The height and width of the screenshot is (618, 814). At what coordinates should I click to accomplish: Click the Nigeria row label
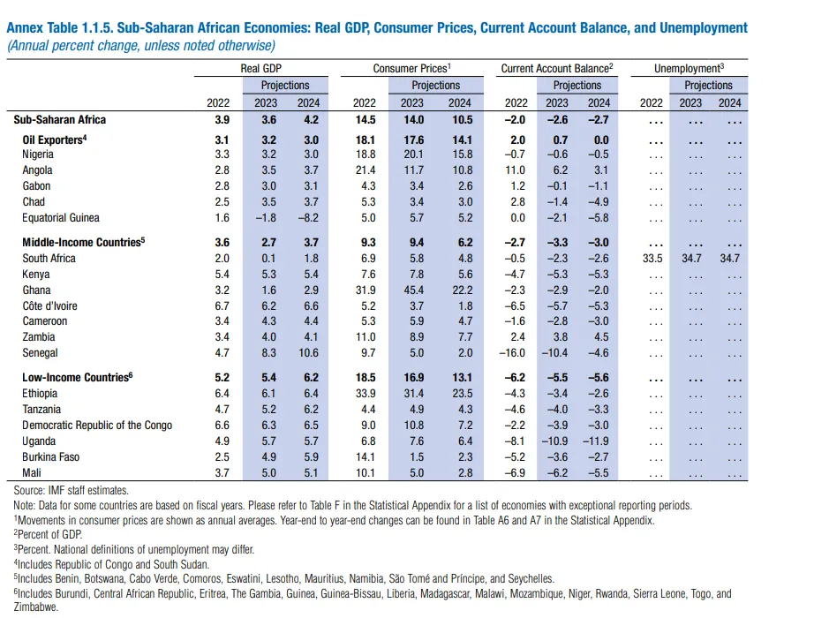click(37, 154)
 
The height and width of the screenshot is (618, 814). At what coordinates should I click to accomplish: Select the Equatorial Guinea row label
click(60, 217)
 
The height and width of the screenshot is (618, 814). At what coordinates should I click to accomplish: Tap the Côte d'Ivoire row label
click(49, 305)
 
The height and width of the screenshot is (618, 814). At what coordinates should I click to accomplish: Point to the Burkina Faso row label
click(50, 457)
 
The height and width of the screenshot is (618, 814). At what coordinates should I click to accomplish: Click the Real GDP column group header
click(261, 69)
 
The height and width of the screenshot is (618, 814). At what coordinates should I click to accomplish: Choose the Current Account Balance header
click(557, 69)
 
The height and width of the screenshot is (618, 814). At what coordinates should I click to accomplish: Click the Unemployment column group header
click(689, 69)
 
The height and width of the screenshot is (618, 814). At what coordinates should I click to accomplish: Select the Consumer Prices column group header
click(411, 69)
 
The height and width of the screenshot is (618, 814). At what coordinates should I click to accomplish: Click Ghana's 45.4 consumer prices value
click(414, 290)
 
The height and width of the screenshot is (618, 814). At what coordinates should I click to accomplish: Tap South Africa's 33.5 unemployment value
click(652, 259)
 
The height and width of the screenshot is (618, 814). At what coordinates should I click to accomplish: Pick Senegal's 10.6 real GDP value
click(308, 353)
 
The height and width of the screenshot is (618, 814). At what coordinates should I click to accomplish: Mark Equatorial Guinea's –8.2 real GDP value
click(308, 218)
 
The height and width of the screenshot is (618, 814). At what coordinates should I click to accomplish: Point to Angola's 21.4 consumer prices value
click(366, 170)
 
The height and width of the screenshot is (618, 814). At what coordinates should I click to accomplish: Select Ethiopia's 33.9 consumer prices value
click(366, 394)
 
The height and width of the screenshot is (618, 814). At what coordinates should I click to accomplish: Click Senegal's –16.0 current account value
click(512, 353)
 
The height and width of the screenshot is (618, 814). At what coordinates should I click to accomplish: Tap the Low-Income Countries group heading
click(78, 378)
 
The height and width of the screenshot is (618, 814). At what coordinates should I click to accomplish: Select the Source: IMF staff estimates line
click(72, 491)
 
